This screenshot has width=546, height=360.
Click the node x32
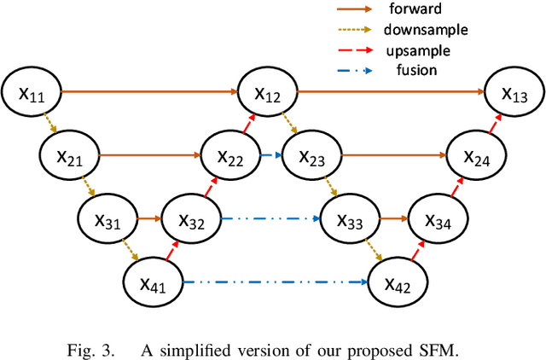(192, 219)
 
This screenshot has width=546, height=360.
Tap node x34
(436, 219)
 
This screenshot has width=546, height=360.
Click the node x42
(397, 282)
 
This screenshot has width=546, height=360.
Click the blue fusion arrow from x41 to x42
(275, 282)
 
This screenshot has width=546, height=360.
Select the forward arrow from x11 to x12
(149, 90)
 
